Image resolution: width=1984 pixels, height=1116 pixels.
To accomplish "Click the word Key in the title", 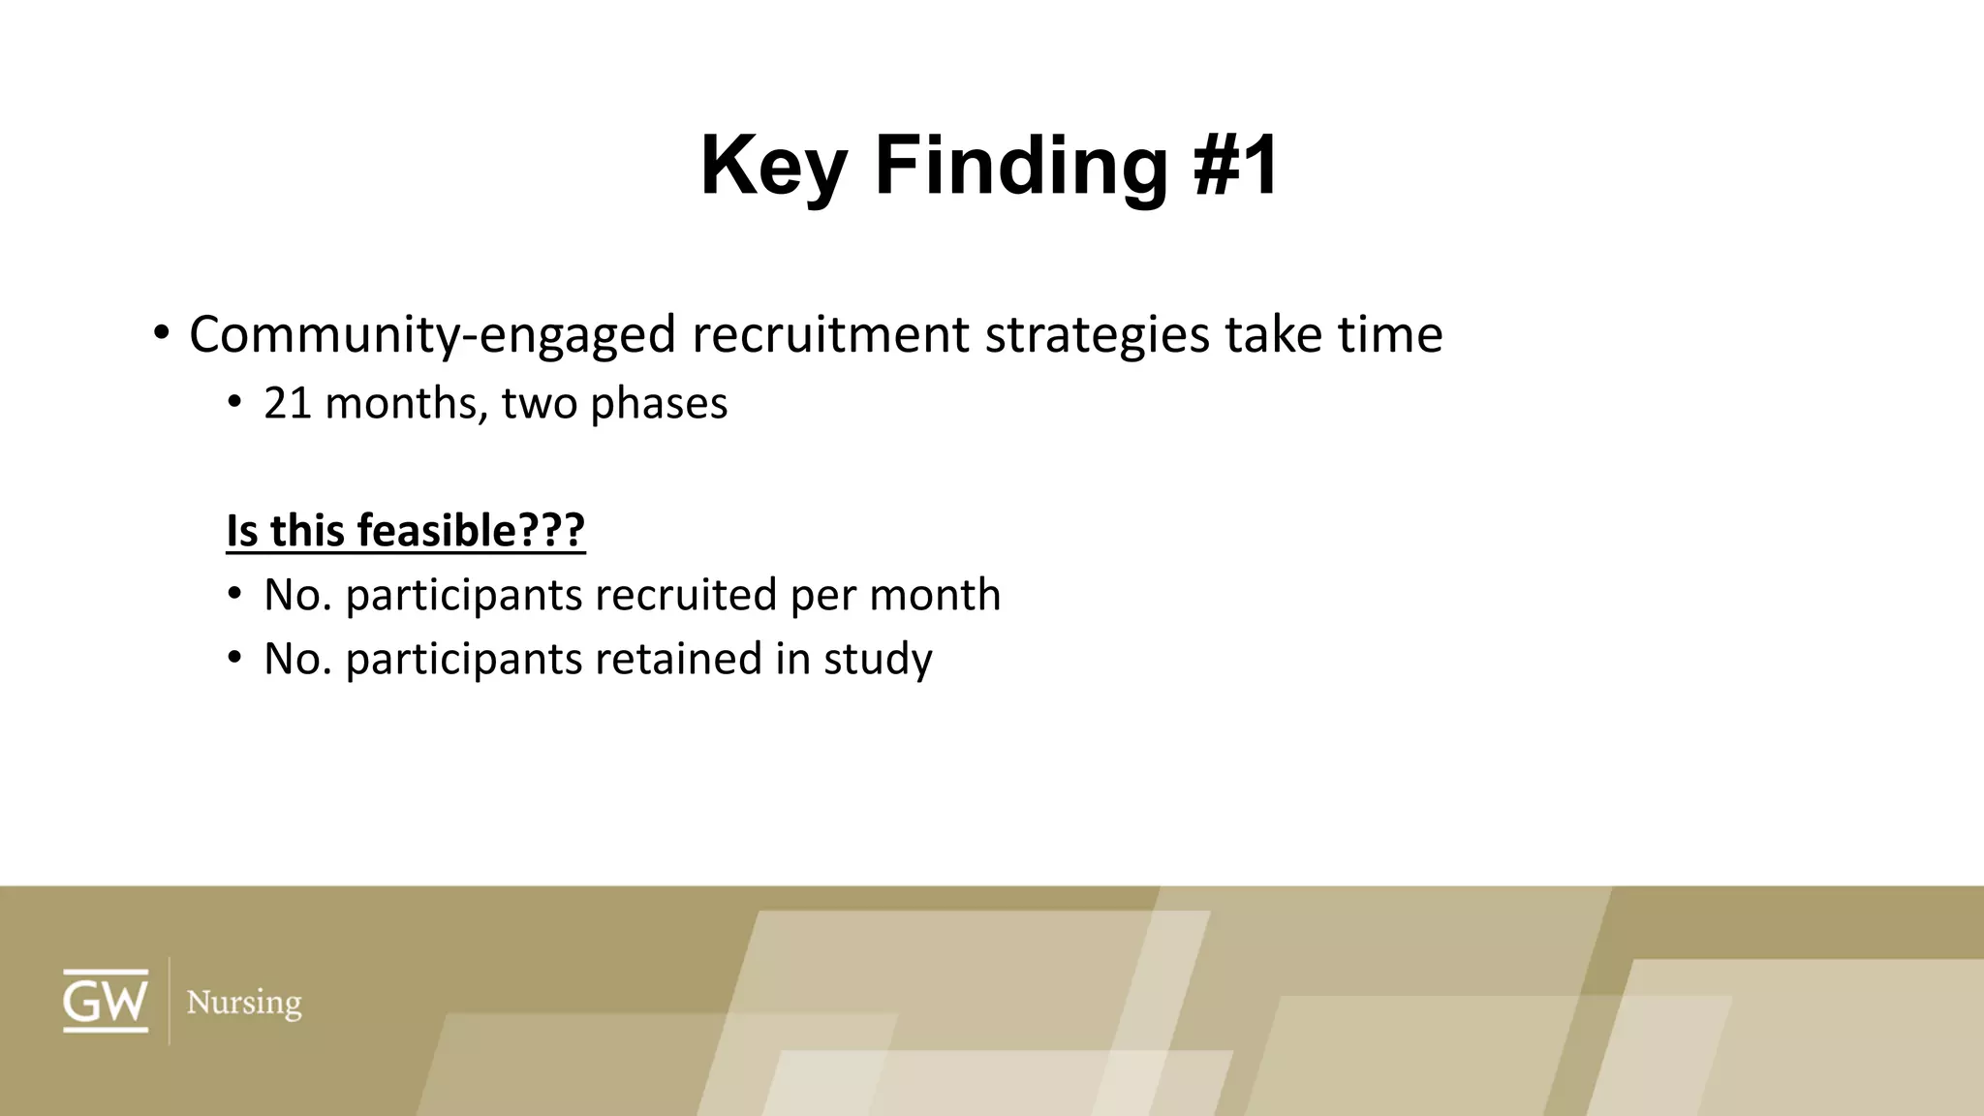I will point(773,167).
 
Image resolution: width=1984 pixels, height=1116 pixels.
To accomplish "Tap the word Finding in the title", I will point(1021,167).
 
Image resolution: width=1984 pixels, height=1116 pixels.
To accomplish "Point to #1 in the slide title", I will point(1237,167).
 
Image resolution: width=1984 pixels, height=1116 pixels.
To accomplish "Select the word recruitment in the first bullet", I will point(830,335).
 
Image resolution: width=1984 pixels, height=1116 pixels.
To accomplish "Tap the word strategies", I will point(1097,335).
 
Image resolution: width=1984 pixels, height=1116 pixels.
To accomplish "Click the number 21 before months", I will point(287,403).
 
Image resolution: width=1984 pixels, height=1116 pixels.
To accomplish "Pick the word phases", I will point(659,403).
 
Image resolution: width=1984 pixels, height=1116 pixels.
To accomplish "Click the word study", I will point(878,659).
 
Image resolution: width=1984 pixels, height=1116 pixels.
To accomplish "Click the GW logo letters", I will point(106,1001).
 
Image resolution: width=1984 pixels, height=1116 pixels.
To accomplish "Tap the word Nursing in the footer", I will point(244,1002).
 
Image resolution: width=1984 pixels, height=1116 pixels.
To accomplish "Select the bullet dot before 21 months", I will point(234,403).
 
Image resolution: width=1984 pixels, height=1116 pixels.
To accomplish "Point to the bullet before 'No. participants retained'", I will point(234,659).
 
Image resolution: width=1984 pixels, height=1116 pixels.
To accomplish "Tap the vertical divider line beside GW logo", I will point(170,1001).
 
